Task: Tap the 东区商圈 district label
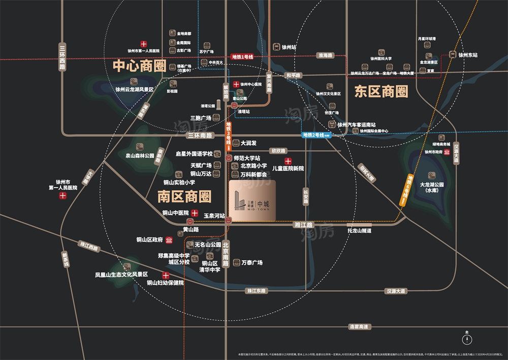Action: (382, 92)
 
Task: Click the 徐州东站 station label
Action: (468, 55)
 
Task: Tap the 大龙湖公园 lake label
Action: (432, 188)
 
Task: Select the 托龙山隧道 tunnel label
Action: (360, 230)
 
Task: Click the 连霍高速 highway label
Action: (359, 326)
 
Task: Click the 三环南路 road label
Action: (200, 136)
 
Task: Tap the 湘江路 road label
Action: (303, 224)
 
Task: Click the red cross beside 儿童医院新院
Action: (288, 161)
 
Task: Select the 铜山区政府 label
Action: (149, 240)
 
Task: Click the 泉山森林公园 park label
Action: (140, 156)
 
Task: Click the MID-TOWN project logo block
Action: (252, 201)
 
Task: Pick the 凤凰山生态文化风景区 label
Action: (121, 275)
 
